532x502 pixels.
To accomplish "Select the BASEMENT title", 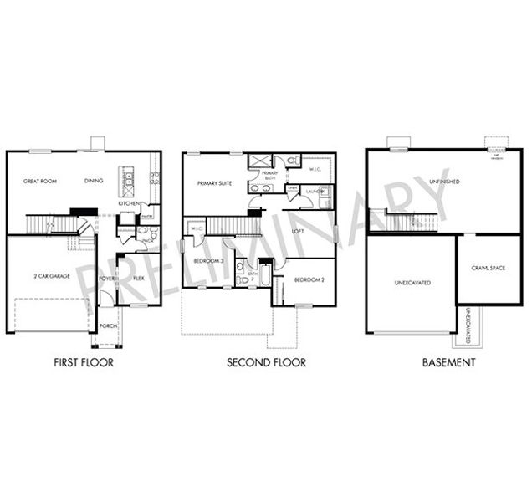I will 448,362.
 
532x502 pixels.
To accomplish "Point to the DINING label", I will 95,181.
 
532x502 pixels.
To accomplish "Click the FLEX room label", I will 139,278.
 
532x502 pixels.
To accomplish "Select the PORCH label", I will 109,326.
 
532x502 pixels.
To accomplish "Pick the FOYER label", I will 107,278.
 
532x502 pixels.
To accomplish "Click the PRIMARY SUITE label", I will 214,182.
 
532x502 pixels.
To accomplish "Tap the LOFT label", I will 298,230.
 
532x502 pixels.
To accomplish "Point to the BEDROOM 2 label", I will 309,280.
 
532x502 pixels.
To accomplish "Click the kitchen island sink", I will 130,178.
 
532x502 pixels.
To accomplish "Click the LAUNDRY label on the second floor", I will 315,192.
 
